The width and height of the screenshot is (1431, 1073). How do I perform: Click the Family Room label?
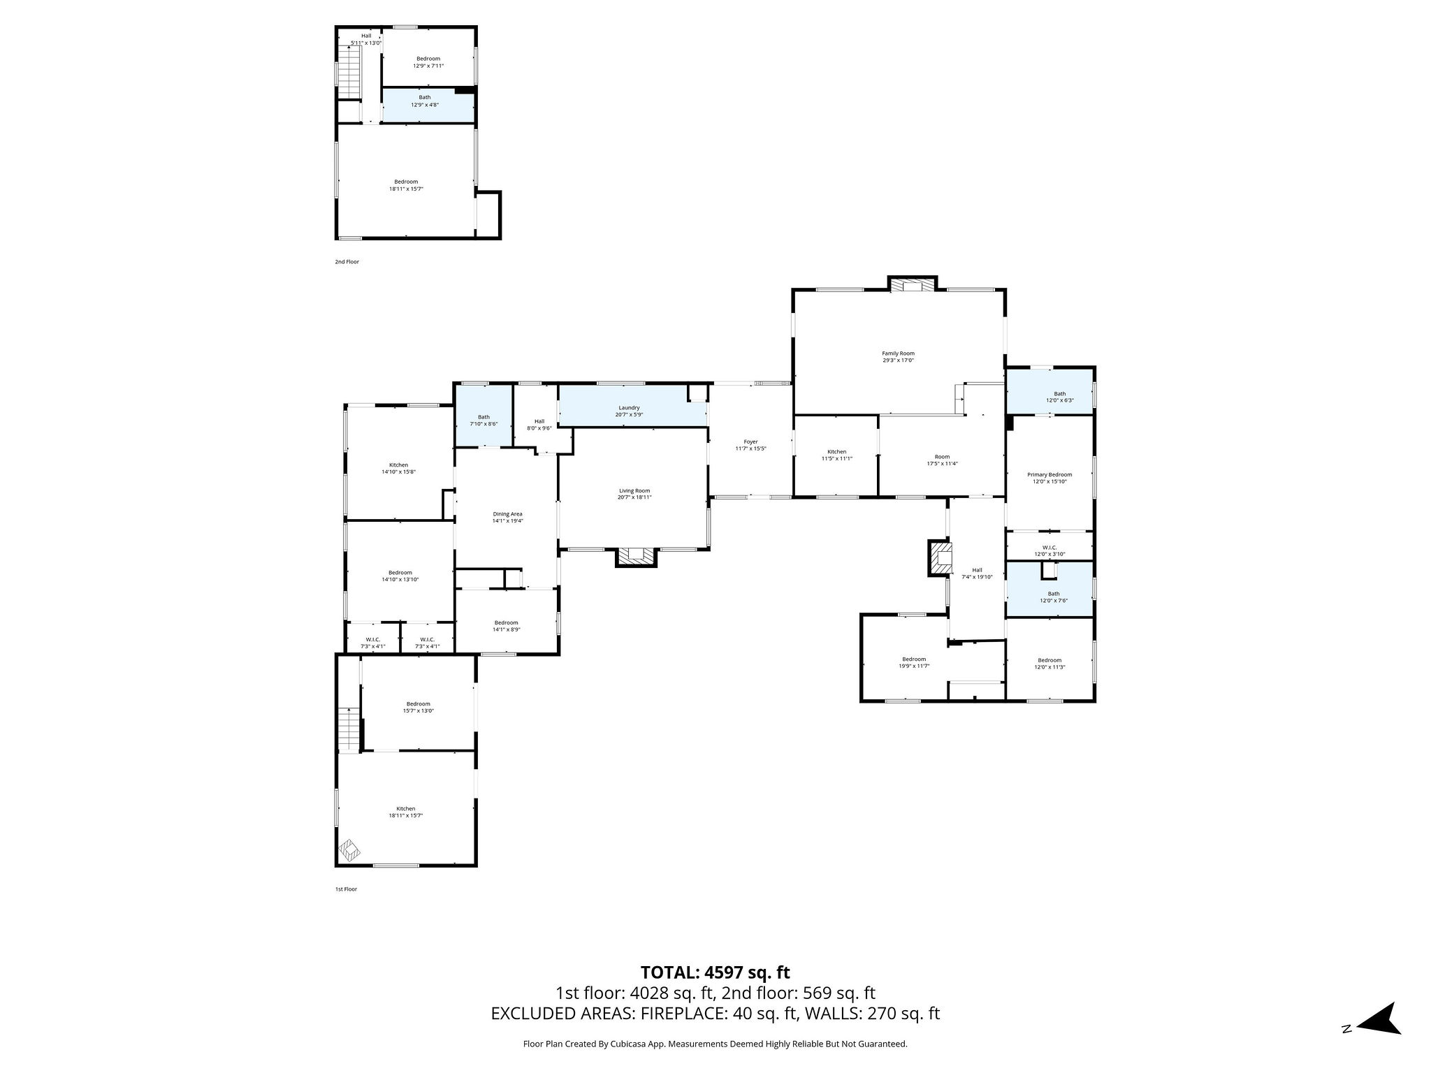pos(898,353)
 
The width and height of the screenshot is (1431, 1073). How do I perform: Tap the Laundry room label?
pos(629,408)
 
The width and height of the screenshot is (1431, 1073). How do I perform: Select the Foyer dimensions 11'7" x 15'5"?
pos(750,448)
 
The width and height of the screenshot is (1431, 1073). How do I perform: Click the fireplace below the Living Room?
pos(636,556)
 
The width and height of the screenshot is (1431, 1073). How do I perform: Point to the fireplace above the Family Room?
pos(912,285)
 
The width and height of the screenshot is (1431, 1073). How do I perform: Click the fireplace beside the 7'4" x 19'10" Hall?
pos(940,558)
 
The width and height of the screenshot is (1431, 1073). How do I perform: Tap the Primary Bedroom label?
pos(1049,475)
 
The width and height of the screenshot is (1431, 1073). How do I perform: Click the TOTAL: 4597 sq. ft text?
pos(715,972)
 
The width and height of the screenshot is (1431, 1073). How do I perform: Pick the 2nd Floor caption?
pos(347,262)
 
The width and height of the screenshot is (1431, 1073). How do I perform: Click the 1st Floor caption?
pos(345,889)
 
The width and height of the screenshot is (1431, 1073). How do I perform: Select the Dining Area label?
pos(507,514)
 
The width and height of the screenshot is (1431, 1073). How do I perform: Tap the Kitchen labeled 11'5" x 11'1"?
pos(836,455)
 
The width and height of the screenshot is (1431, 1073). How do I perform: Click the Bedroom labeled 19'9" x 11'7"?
pos(913,662)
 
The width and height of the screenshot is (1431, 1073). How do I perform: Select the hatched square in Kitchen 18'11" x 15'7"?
pos(349,850)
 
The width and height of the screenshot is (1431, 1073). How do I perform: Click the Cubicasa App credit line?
pos(715,1044)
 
